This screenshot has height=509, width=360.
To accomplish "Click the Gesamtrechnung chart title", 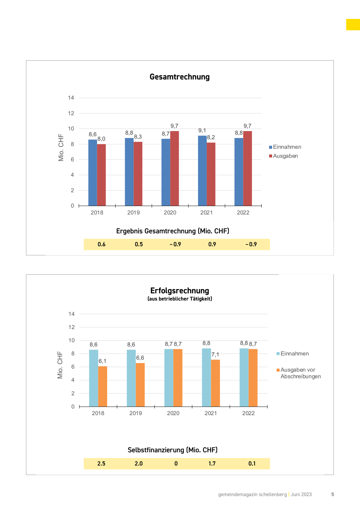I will click(x=179, y=77).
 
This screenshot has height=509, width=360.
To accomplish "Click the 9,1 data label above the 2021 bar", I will click(x=202, y=130).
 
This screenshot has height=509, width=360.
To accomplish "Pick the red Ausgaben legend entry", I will click(x=283, y=156).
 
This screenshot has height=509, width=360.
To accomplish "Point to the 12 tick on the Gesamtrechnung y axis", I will click(x=71, y=113).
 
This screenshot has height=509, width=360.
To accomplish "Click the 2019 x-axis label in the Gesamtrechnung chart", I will click(x=133, y=213).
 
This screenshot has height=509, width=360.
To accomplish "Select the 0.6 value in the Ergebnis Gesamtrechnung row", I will click(x=101, y=244).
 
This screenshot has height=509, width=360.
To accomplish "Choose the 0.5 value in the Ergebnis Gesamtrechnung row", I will click(x=139, y=244).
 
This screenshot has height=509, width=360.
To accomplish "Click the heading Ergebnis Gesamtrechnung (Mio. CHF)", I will click(x=172, y=231).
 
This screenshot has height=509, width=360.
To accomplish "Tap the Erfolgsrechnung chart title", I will click(x=179, y=291).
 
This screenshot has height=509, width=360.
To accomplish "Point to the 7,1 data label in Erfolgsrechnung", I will click(x=215, y=355).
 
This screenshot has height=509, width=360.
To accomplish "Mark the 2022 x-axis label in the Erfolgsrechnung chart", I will click(x=248, y=413).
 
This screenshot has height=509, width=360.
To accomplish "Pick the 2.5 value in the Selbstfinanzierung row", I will click(x=101, y=464).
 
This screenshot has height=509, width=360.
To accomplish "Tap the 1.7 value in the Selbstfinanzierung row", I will click(x=212, y=464).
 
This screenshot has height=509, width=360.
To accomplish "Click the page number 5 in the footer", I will click(x=332, y=495).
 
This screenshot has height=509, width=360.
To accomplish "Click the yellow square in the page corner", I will click(x=353, y=25).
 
